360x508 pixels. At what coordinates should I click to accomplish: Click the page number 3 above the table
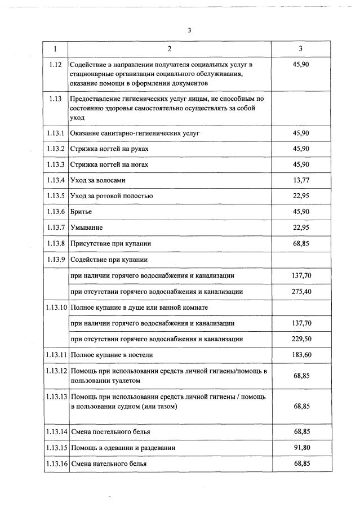click(189, 30)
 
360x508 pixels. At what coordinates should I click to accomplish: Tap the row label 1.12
click(56, 65)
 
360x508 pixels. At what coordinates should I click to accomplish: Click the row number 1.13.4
click(56, 180)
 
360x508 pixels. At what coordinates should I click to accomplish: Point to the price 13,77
click(301, 180)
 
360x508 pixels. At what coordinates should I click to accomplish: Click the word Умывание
click(87, 228)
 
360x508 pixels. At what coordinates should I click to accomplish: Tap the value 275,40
click(301, 292)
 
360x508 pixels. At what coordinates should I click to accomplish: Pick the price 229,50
click(301, 339)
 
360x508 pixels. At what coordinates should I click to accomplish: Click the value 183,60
click(301, 355)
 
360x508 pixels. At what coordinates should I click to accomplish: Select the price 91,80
click(301, 448)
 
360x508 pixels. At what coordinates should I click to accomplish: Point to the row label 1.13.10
click(56, 308)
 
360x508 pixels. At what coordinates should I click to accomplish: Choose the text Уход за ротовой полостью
click(111, 196)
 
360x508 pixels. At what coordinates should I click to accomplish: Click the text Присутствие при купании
click(110, 243)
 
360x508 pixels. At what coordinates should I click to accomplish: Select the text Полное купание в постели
click(112, 355)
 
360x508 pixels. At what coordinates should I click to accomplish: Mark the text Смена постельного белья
click(110, 432)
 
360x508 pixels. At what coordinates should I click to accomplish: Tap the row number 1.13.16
click(56, 464)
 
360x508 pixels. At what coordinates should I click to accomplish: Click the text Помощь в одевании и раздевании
click(122, 448)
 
